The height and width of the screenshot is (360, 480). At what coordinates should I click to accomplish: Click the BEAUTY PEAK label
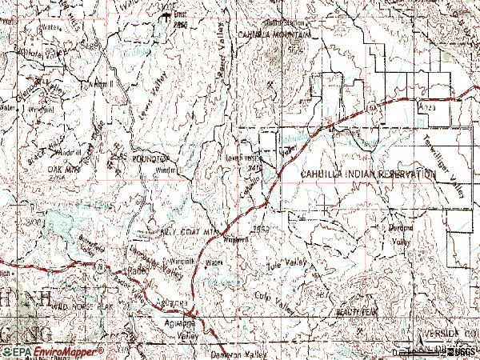pos(356,310)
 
